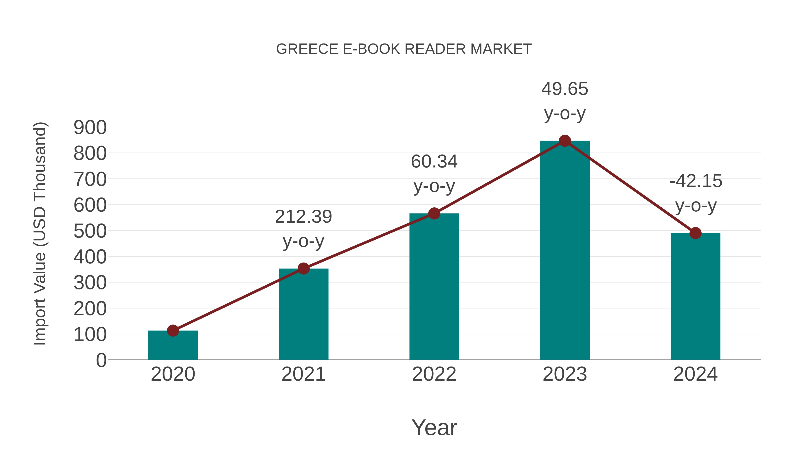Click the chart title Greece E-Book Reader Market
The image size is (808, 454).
point(404,49)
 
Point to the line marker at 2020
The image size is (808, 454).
point(173,330)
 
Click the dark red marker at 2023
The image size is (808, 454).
point(565,141)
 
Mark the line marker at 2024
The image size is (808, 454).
point(695,233)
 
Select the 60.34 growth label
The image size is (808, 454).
point(434,162)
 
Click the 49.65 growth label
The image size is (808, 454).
point(565,89)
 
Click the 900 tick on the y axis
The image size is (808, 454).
point(90,128)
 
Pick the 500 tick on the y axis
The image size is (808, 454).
point(90,231)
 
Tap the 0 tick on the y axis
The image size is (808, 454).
point(101,360)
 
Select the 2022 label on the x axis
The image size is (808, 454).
point(434,374)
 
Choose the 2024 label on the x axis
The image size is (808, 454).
point(695,374)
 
